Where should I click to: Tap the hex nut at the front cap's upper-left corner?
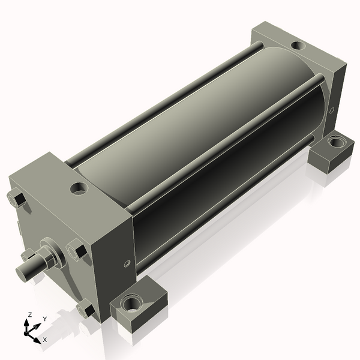click(x=17, y=199)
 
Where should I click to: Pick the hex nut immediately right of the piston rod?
click(x=77, y=249)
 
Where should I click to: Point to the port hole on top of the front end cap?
click(x=79, y=188)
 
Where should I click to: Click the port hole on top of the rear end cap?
click(x=298, y=45)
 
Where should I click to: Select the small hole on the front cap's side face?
click(x=127, y=263)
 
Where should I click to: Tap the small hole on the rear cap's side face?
click(x=332, y=110)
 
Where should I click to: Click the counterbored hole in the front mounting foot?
click(x=131, y=304)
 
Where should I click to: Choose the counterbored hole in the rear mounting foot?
click(x=336, y=143)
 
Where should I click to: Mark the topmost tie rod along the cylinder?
click(x=162, y=102)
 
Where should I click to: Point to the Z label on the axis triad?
click(x=29, y=315)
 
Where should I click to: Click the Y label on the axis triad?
click(x=44, y=319)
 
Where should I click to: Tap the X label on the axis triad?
click(x=44, y=340)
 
